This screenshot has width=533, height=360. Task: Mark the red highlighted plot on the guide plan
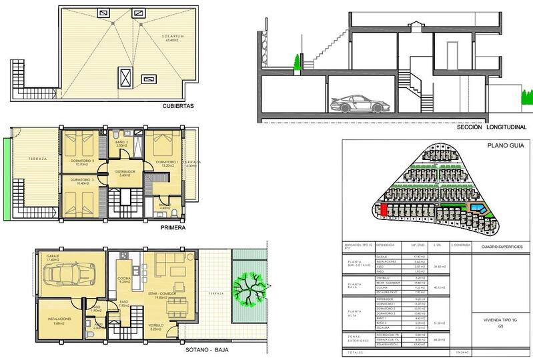point(385,209)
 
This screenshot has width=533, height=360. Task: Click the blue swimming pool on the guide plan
point(477,209)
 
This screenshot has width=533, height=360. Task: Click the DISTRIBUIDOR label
point(125,171)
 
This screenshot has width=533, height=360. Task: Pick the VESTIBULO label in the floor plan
point(155,325)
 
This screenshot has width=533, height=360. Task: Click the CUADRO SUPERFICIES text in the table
point(500,247)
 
